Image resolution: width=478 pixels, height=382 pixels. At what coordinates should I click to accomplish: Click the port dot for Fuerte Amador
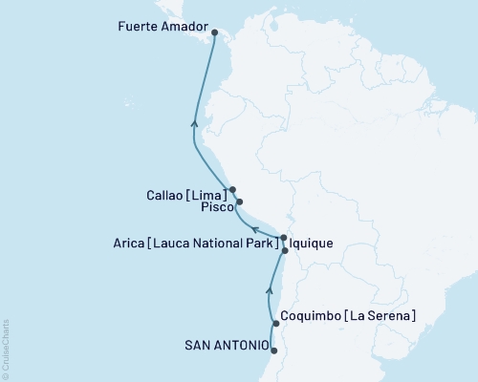coord(214,32)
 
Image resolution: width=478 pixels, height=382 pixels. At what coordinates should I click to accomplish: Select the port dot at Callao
coord(232,189)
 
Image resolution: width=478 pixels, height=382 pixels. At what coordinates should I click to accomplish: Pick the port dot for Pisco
coord(239,202)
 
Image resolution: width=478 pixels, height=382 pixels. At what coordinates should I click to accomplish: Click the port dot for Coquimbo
coord(275,324)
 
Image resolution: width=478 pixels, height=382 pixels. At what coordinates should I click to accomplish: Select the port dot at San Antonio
coord(273,350)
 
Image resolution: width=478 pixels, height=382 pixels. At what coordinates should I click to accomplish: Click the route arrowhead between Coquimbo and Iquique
coord(270,286)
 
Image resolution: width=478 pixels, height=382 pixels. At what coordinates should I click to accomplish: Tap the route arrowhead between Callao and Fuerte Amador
coord(195,122)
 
